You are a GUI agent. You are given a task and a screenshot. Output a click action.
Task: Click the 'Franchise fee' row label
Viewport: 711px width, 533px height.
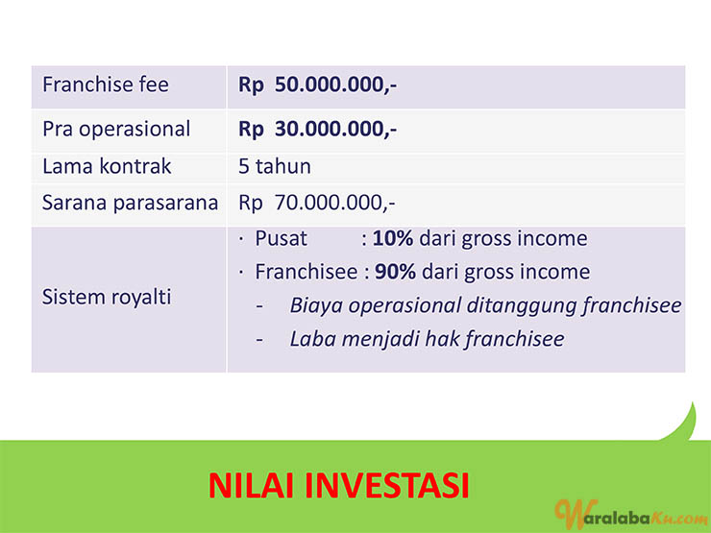coord(105,85)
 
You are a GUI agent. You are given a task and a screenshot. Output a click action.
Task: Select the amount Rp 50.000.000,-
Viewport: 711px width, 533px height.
coord(317,85)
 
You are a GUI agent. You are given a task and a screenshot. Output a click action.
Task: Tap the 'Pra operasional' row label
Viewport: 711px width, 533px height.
coord(116,130)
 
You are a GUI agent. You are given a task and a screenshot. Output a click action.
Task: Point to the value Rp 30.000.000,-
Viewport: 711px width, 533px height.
coord(317,130)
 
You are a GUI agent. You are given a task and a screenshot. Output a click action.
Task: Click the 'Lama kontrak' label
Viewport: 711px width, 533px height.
coord(107,166)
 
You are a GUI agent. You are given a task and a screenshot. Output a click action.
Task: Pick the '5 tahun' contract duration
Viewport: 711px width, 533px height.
coord(275,166)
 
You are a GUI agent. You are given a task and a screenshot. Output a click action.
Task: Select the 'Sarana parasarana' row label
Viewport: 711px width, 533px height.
coord(130,203)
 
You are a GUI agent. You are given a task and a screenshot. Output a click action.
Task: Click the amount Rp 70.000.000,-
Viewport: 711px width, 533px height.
coord(317,203)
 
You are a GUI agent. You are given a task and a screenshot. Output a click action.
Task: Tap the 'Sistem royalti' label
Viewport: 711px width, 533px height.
coord(107,298)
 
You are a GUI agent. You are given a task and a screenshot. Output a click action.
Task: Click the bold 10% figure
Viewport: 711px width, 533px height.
coord(393,238)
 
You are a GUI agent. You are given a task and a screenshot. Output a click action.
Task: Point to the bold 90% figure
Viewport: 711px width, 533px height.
coord(395,272)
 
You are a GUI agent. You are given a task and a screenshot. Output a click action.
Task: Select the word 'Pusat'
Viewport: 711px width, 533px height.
coord(282,238)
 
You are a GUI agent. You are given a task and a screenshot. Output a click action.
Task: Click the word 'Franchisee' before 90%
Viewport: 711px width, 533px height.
coord(306,272)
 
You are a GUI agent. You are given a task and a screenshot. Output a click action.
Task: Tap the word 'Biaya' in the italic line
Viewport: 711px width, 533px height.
coord(316,306)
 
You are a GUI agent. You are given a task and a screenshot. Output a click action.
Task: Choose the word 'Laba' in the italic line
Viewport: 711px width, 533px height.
coord(312,339)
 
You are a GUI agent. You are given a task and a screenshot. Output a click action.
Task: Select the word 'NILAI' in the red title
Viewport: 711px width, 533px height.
coord(251,485)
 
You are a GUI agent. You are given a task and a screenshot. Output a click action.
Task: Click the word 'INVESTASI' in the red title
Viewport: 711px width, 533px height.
coord(387,485)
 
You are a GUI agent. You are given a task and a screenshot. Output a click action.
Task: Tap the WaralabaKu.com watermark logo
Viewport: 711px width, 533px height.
coord(631,515)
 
